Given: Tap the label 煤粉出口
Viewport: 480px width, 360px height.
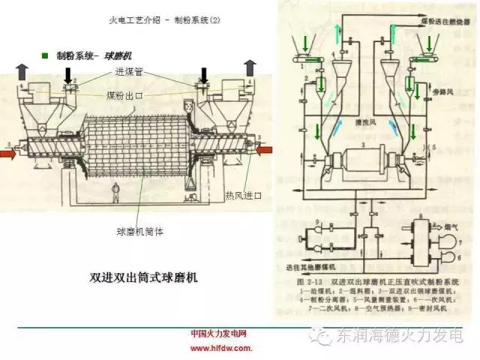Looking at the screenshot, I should [x=124, y=97].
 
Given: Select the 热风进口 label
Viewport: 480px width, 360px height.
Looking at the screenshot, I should [x=243, y=195].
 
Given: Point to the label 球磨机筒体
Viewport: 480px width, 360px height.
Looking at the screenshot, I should [x=140, y=232].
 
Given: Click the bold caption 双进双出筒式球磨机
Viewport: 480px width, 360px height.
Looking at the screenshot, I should [x=142, y=277].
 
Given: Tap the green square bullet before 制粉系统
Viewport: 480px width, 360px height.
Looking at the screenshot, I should [x=45, y=55].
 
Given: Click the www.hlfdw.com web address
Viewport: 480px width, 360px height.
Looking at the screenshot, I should [x=220, y=348].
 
